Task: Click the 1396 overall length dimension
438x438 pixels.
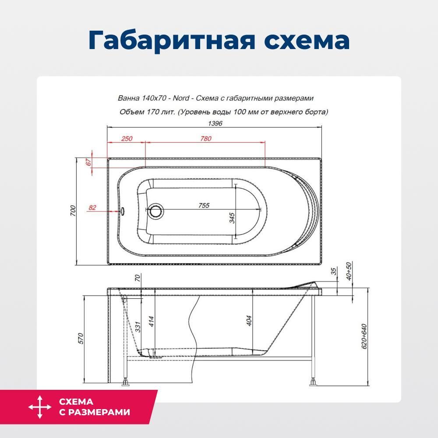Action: tap(215, 123)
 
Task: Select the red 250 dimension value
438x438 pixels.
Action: tap(127, 138)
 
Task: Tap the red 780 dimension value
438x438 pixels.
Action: tap(206, 138)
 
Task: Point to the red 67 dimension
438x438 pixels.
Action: tap(88, 162)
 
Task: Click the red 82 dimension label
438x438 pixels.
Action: tap(92, 208)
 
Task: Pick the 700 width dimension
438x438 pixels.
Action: tap(73, 211)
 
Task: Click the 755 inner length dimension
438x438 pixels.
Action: tap(204, 205)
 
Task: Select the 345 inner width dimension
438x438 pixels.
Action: tap(232, 218)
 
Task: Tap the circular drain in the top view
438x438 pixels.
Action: tap(155, 211)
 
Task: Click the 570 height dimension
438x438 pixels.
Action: tap(81, 339)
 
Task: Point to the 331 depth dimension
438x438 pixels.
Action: tap(138, 327)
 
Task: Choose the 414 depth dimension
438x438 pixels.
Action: tap(151, 321)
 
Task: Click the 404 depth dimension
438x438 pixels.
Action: tap(249, 321)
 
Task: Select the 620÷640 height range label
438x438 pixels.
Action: tap(364, 336)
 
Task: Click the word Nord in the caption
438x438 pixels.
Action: tap(181, 98)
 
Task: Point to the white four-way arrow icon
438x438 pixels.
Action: tap(40, 407)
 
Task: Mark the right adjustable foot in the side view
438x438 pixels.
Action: tap(313, 382)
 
